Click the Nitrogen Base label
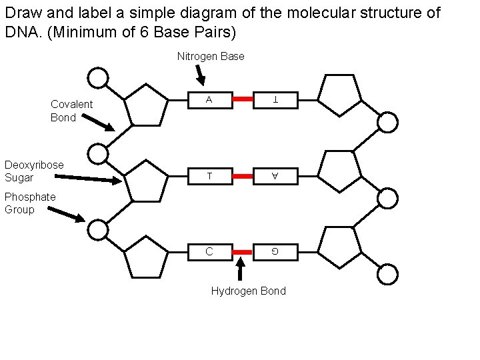(211, 57)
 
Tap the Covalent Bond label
(71, 111)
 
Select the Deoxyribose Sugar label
(34, 171)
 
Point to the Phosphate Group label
(30, 203)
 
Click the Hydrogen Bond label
(248, 291)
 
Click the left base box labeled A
(209, 99)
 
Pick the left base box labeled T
(209, 176)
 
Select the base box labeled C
(209, 252)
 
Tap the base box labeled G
(275, 252)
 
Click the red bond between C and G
(242, 252)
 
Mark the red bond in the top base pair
(242, 99)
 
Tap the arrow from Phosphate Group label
(67, 214)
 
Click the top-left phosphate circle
(98, 79)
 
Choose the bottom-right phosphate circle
(388, 274)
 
